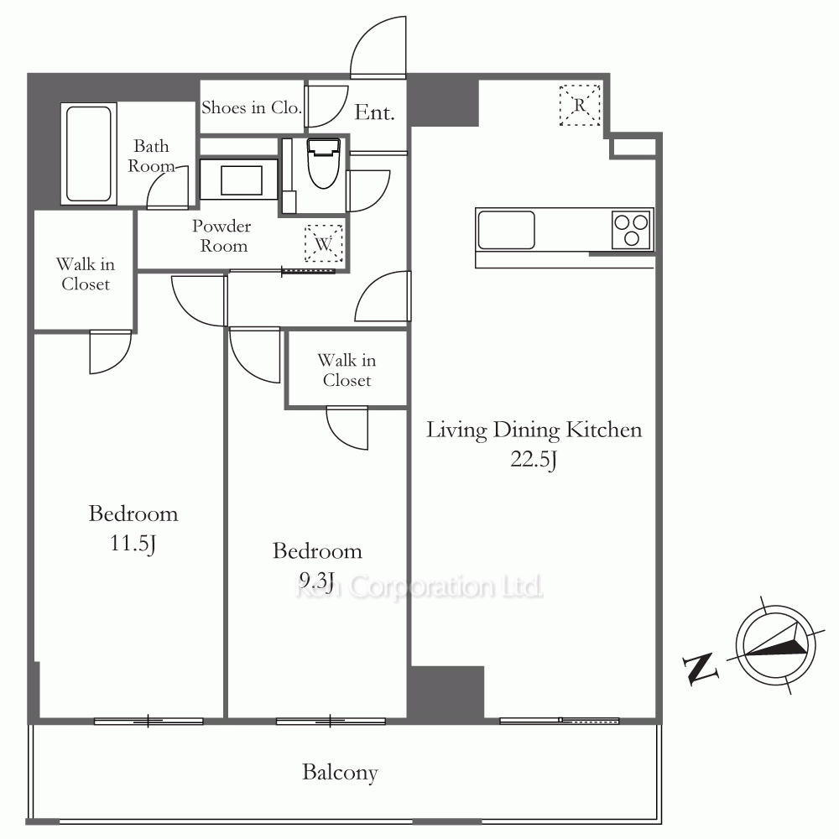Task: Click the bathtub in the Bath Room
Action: click(x=89, y=154)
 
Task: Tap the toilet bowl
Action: click(x=324, y=164)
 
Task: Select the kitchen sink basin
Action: click(x=506, y=230)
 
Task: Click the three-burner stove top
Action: click(x=632, y=230)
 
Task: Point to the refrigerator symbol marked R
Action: click(x=580, y=106)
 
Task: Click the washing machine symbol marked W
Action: click(x=324, y=243)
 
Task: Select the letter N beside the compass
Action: click(x=700, y=668)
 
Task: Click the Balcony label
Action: click(x=341, y=772)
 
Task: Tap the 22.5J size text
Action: click(x=534, y=459)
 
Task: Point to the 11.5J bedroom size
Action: click(x=133, y=543)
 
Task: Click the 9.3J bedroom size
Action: click(x=317, y=580)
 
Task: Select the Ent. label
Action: click(x=374, y=112)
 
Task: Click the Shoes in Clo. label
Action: click(x=252, y=107)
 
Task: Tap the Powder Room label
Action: click(x=222, y=236)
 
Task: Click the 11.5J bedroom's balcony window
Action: click(x=149, y=722)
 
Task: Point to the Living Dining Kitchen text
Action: click(x=534, y=430)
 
